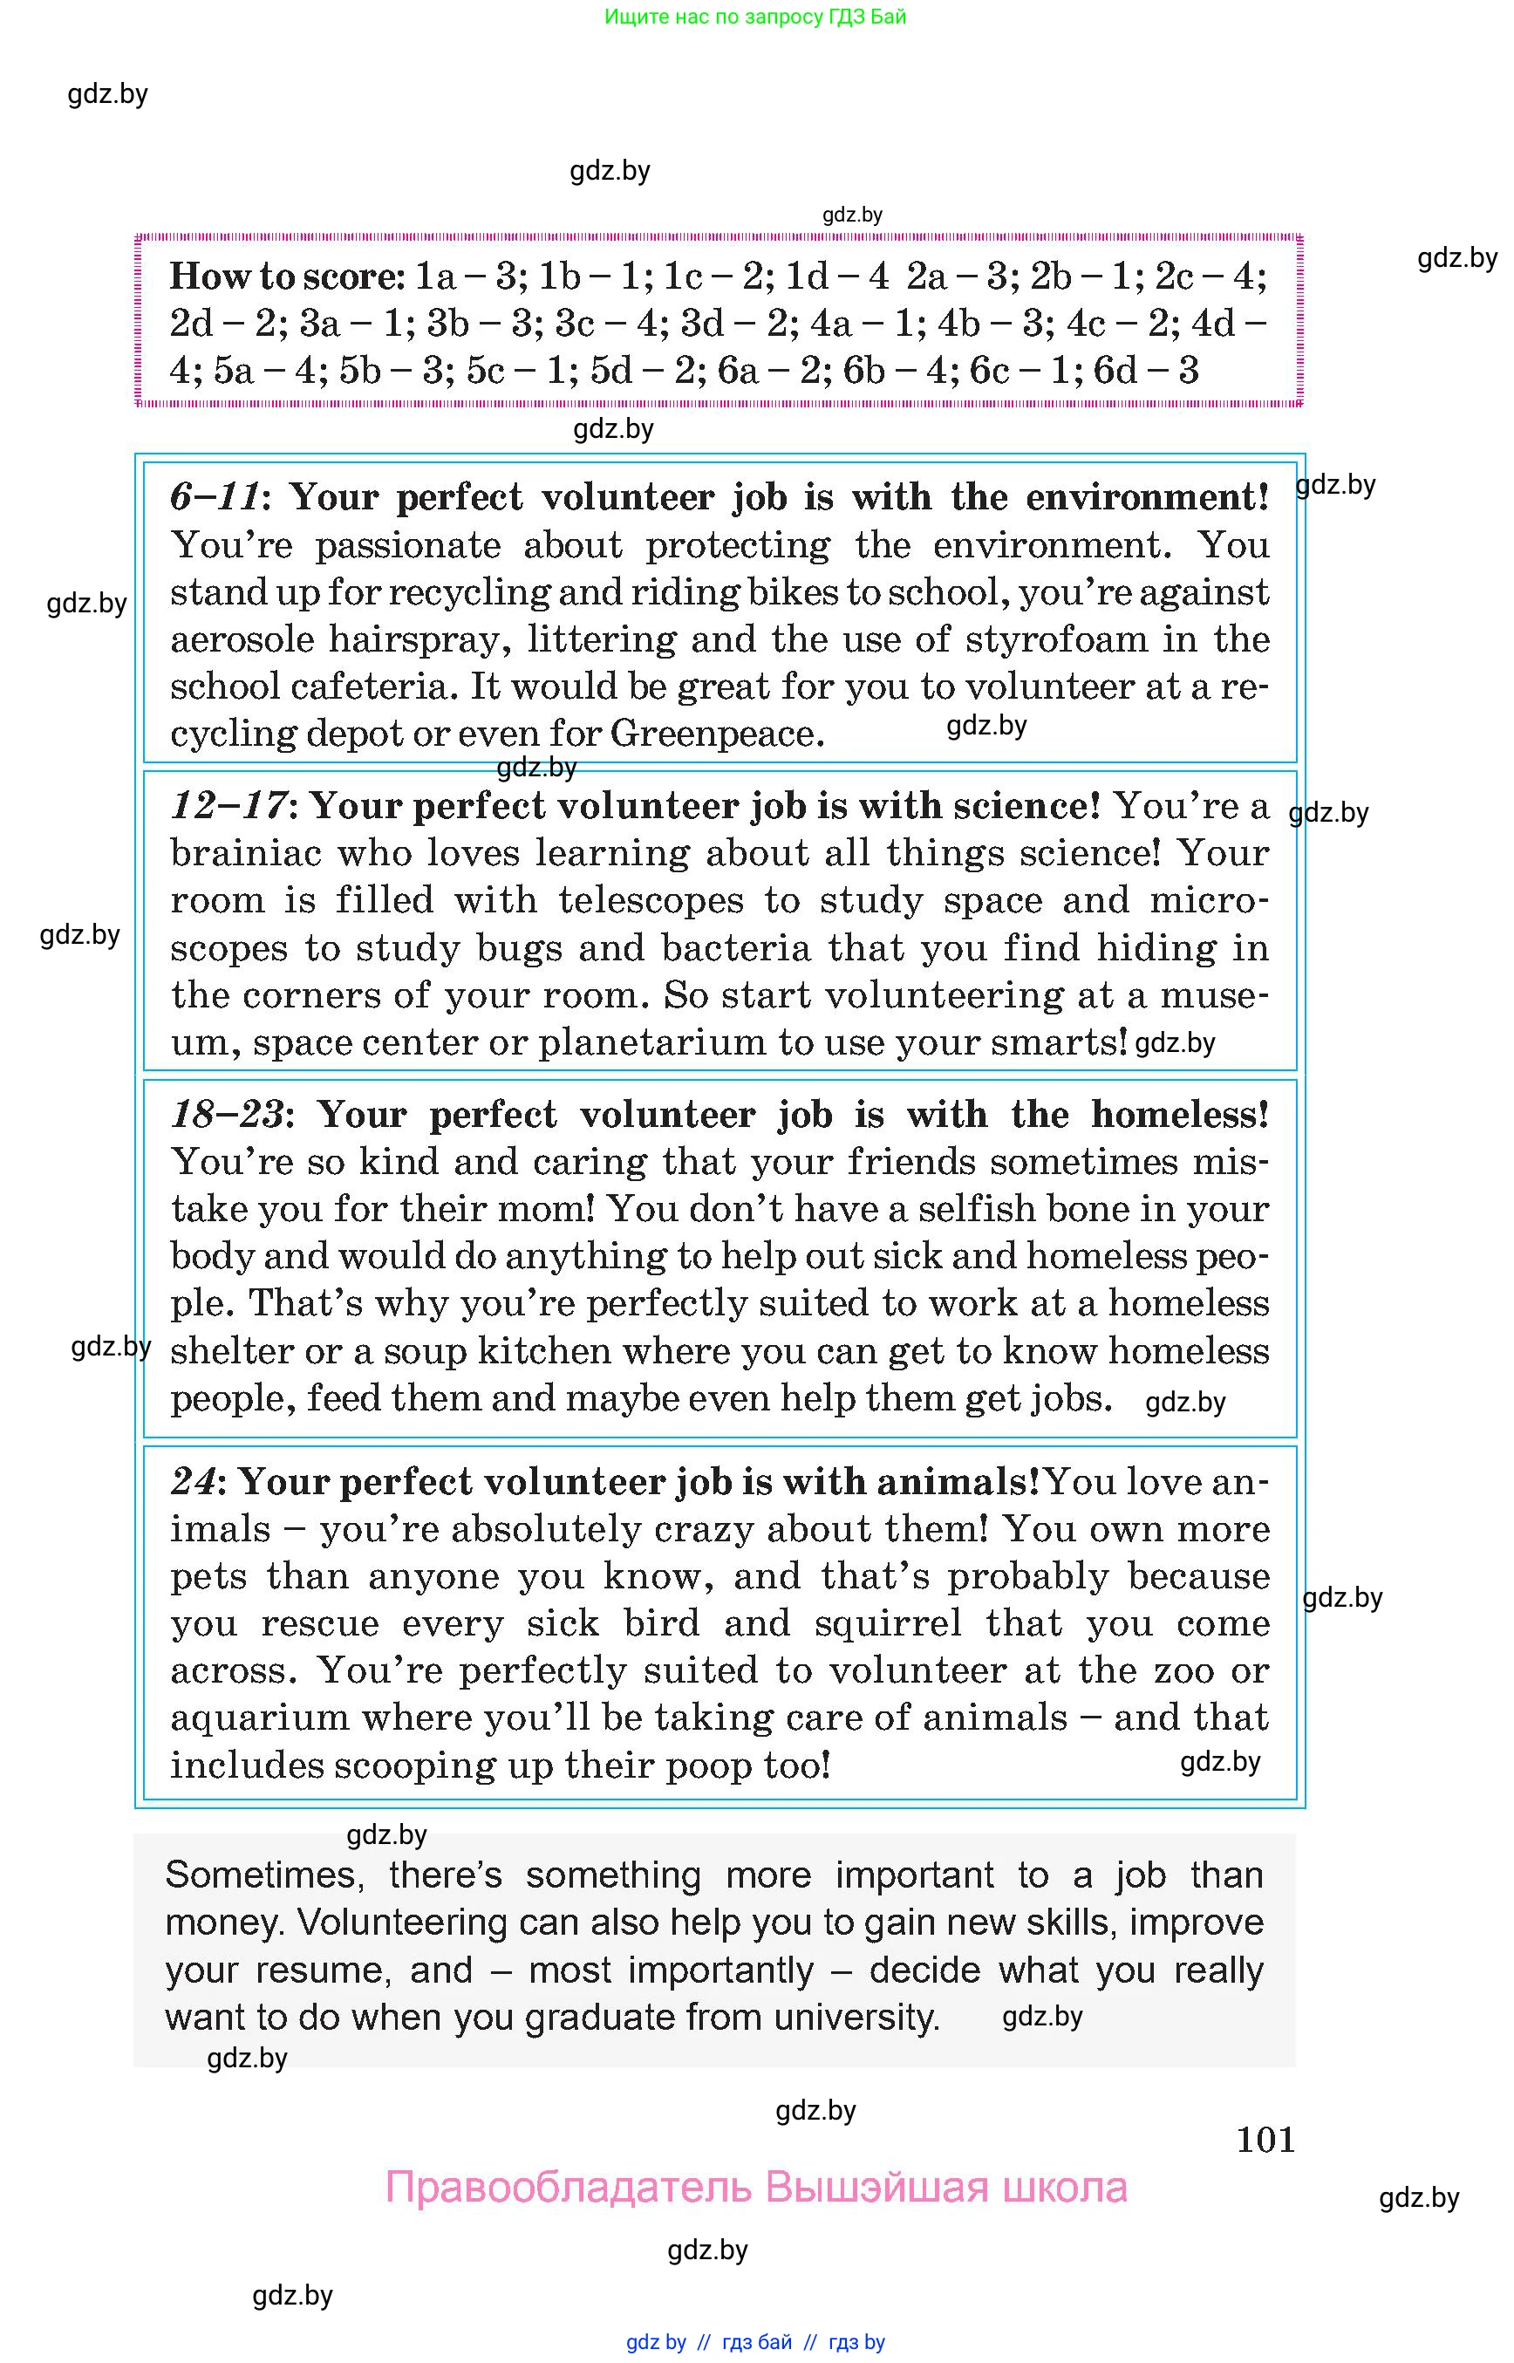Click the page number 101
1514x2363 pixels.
coord(1265,2140)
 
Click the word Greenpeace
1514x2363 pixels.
coord(717,734)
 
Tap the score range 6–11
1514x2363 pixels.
coord(215,496)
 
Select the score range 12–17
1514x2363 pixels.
coord(228,806)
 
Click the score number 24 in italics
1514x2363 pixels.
coord(193,1482)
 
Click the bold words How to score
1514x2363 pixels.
coord(286,277)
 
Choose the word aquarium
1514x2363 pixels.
coord(257,1718)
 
